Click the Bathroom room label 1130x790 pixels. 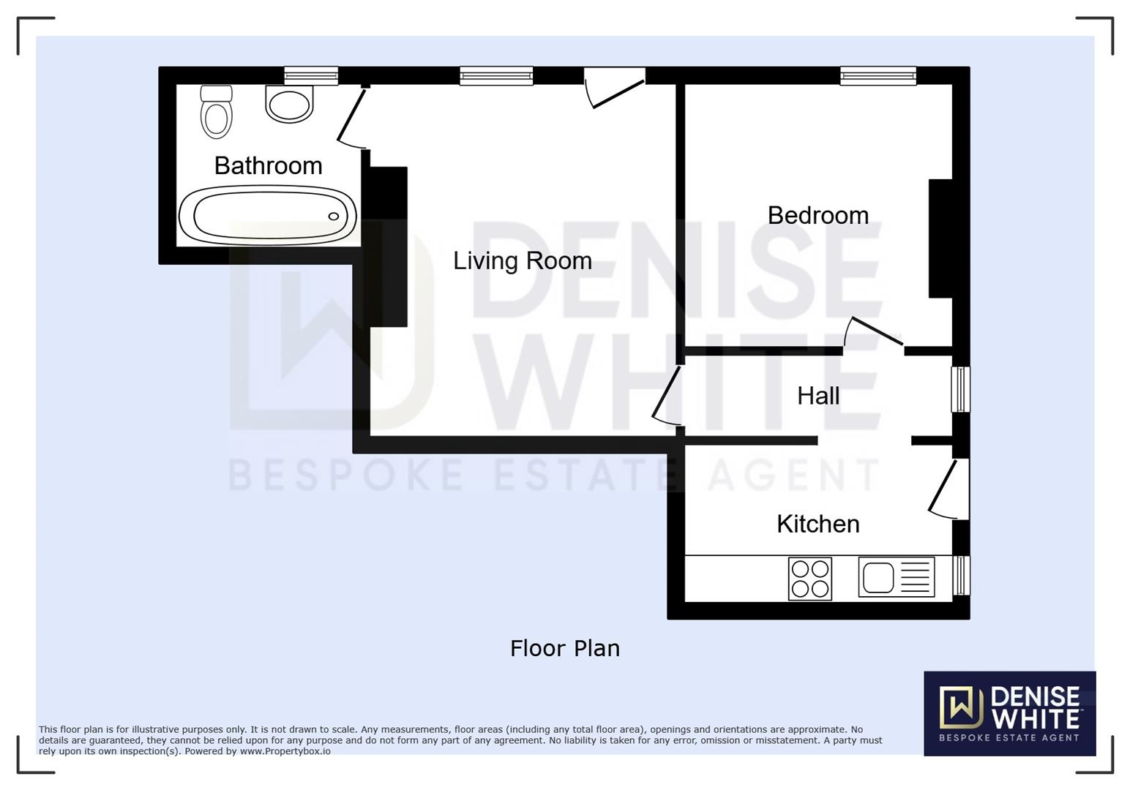coord(269,166)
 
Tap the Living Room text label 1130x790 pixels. coord(522,261)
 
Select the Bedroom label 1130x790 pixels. coord(817,216)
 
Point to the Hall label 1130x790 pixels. coord(818,396)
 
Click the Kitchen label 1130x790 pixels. coord(817,524)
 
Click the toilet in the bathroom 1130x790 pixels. coord(217,111)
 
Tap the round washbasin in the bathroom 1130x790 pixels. coord(289,103)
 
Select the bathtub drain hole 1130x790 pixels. coord(334,217)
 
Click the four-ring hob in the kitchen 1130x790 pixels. coord(809,579)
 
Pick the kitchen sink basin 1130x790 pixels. coord(878,577)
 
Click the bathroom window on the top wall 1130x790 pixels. coord(311,75)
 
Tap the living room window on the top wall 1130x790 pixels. coord(496,75)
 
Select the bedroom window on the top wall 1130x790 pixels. coord(878,75)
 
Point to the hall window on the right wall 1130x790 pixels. coord(960,389)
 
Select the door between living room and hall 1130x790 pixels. coord(667,396)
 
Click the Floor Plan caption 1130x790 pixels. coord(564,649)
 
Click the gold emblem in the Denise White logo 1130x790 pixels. coord(961,707)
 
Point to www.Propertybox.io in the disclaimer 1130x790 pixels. coord(285,751)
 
